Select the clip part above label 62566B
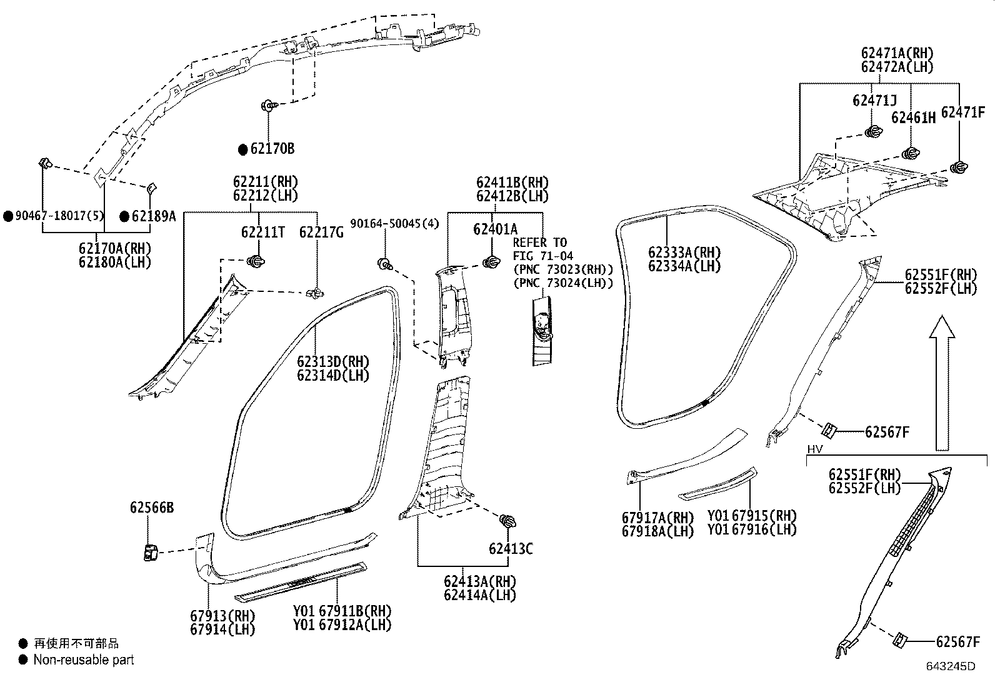coord(150,553)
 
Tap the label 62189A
coord(153,216)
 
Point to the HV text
coord(814,449)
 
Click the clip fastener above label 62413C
coord(507,521)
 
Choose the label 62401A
coord(495,229)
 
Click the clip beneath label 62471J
coord(873,132)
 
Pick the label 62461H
coord(913,118)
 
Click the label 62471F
coord(962,112)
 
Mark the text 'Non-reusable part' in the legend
coord(83,659)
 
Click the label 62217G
coord(321,233)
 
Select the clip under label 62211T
coord(256,261)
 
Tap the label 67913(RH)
coord(222,616)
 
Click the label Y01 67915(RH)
coord(752,516)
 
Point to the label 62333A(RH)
coord(684,253)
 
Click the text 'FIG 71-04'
coord(542,256)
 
